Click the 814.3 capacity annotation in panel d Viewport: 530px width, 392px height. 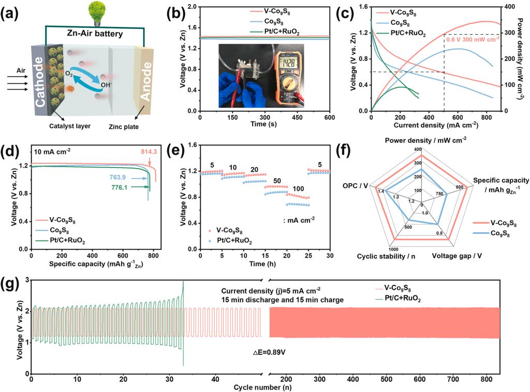pyautogui.click(x=150, y=151)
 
